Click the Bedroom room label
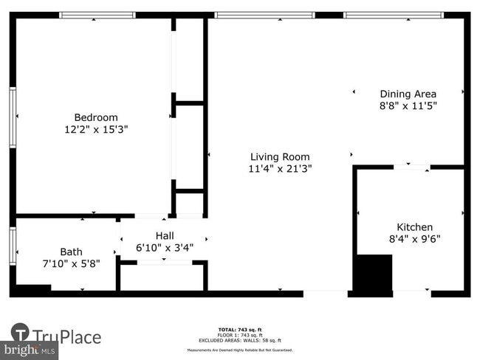[x=96, y=117]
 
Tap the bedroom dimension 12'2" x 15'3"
[x=96, y=129]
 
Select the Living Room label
[x=280, y=156]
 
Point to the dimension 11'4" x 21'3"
[x=280, y=168]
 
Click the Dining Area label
[x=408, y=94]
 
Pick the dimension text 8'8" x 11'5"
[x=408, y=105]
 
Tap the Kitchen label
[x=415, y=227]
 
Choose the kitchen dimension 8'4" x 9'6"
[x=415, y=239]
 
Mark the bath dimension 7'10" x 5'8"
[x=71, y=263]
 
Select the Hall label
[x=164, y=235]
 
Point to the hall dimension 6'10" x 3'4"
[x=164, y=247]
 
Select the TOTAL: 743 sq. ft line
[x=241, y=329]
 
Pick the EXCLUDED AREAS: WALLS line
[x=241, y=339]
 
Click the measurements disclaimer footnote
[x=241, y=350]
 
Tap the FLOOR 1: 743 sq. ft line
[x=241, y=334]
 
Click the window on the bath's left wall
[x=13, y=246]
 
